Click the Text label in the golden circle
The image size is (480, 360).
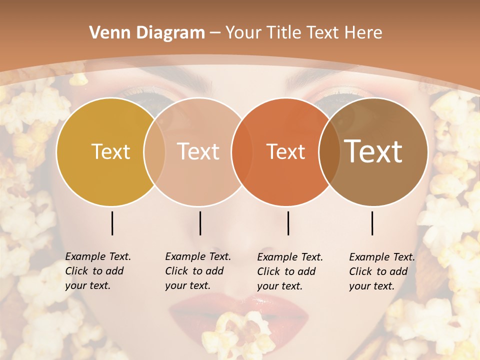pyautogui.click(x=110, y=151)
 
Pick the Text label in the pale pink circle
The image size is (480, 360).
pyautogui.click(x=198, y=151)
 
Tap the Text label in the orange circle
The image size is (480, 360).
pyautogui.click(x=285, y=151)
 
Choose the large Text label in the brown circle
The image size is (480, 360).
pyautogui.click(x=373, y=151)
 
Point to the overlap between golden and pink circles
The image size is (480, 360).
pyautogui.click(x=154, y=151)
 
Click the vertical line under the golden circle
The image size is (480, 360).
pyautogui.click(x=112, y=223)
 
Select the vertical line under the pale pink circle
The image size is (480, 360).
pyautogui.click(x=200, y=223)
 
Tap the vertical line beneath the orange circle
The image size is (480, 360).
pyautogui.click(x=288, y=223)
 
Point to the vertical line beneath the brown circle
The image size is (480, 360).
pyautogui.click(x=372, y=223)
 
